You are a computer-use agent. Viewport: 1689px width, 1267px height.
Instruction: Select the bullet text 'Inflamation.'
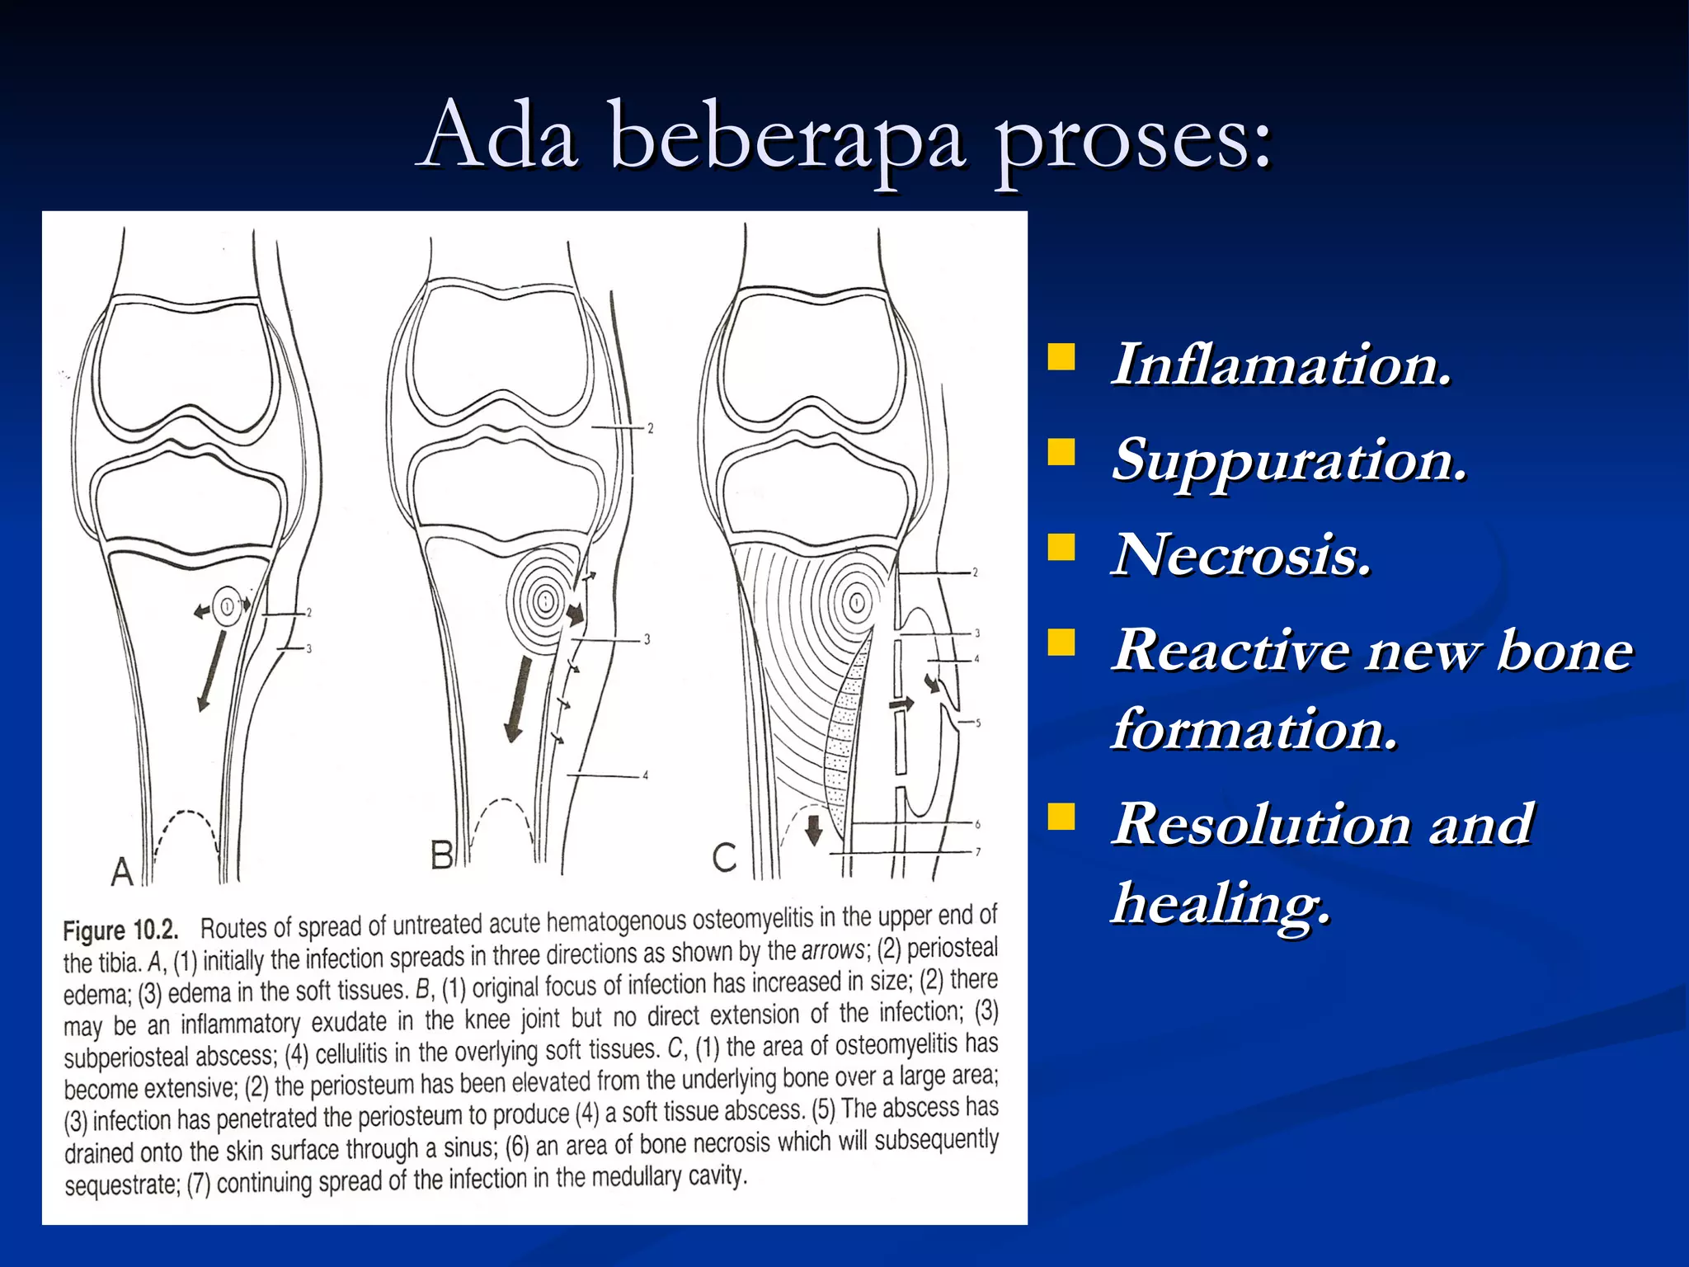[1281, 365]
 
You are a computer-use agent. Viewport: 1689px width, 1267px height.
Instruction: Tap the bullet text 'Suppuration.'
[1289, 460]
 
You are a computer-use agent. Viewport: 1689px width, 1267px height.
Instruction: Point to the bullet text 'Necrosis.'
[1241, 554]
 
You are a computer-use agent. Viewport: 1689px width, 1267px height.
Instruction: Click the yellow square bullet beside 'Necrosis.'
[1061, 547]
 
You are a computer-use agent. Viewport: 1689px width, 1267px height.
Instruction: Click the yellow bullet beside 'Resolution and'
[1061, 817]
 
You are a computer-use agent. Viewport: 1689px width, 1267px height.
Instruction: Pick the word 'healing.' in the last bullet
[1221, 903]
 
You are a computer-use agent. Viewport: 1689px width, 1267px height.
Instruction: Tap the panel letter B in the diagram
[442, 855]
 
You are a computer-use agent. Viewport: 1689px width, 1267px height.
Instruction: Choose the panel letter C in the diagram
[724, 858]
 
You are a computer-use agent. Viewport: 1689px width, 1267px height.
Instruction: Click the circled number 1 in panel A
[226, 607]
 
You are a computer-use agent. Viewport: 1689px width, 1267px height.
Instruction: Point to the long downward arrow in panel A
[211, 670]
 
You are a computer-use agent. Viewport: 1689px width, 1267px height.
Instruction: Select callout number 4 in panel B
[646, 775]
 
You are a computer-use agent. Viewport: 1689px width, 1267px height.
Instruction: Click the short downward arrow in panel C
[813, 830]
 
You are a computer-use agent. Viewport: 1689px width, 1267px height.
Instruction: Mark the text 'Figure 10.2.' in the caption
[120, 930]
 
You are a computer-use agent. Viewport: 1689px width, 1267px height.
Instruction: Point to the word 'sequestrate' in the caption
[122, 1185]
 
